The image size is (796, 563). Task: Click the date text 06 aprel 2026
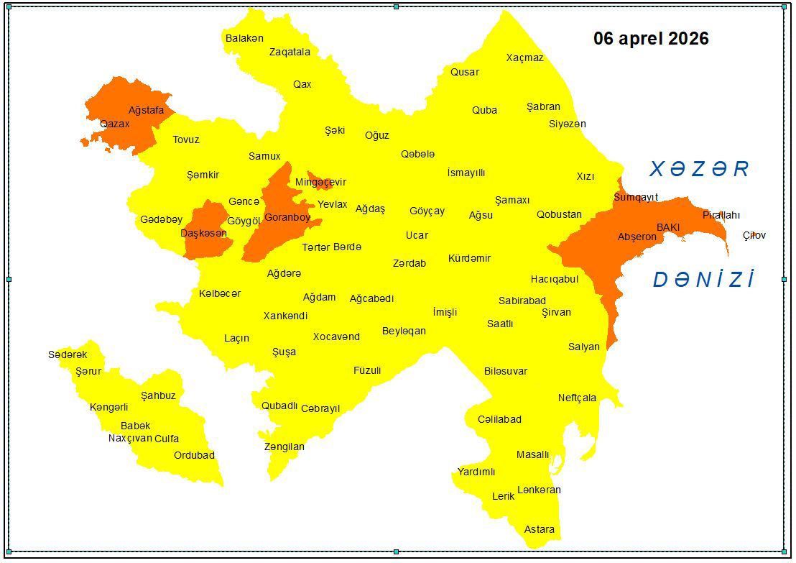tap(650, 39)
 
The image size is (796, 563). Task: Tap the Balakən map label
tap(244, 38)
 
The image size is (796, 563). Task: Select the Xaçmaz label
tap(524, 58)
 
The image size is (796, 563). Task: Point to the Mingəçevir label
tap(320, 182)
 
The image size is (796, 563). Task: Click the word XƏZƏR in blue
tap(699, 169)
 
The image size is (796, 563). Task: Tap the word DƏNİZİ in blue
tap(703, 280)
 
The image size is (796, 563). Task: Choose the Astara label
tap(539, 529)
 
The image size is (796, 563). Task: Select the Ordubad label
tap(194, 455)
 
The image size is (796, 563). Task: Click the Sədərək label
tap(68, 354)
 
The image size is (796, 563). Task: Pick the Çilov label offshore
tap(754, 235)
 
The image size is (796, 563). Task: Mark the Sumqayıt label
tap(635, 197)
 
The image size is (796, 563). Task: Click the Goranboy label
tap(287, 217)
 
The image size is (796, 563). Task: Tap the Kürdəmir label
tap(469, 258)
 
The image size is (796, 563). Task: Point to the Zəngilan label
tap(284, 447)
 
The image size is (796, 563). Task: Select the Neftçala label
tap(577, 398)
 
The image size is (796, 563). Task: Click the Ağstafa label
tap(146, 110)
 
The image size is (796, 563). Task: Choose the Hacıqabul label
tap(554, 279)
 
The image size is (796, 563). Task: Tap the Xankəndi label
tap(285, 316)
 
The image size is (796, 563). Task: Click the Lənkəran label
tap(539, 490)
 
